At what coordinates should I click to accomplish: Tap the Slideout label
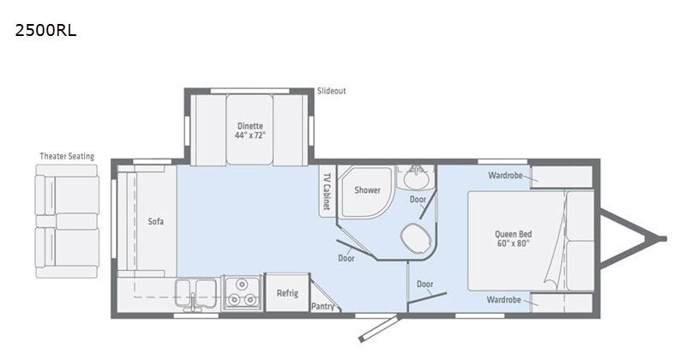pyautogui.click(x=330, y=91)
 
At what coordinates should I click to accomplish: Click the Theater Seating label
pyautogui.click(x=67, y=156)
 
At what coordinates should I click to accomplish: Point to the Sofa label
pyautogui.click(x=155, y=221)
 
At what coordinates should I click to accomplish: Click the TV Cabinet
pyautogui.click(x=327, y=189)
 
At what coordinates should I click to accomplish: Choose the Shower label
pyautogui.click(x=367, y=190)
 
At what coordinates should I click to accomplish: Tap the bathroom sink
pyautogui.click(x=417, y=181)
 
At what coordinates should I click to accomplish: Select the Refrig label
pyautogui.click(x=286, y=293)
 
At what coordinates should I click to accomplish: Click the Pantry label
pyautogui.click(x=322, y=306)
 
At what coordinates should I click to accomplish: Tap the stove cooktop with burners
pyautogui.click(x=241, y=294)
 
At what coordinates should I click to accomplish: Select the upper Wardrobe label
pyautogui.click(x=505, y=176)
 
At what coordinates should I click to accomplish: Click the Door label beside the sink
pyautogui.click(x=418, y=200)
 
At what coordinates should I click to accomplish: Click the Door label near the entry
pyautogui.click(x=424, y=284)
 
